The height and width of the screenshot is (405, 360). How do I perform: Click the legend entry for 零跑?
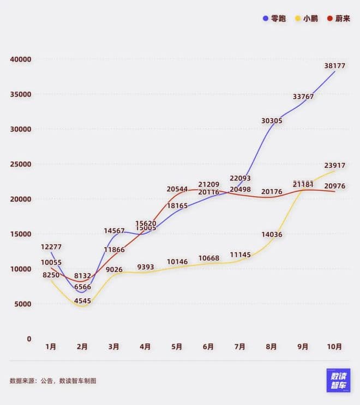(274, 18)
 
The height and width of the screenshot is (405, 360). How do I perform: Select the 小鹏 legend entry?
(307, 18)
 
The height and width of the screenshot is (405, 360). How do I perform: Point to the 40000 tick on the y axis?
(21, 59)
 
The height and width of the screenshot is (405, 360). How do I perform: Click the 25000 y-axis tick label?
(21, 164)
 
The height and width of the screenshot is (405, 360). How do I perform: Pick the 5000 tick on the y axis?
(22, 304)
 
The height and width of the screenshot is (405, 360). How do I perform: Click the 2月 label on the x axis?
(82, 347)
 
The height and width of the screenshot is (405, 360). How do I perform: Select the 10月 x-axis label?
(334, 347)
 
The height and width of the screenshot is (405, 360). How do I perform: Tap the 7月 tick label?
(239, 347)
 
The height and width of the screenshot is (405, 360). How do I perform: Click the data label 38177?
(334, 65)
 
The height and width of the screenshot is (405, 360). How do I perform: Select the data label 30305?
(272, 120)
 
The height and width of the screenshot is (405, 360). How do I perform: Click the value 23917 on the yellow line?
(334, 165)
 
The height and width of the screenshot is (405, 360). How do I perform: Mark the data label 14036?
(272, 234)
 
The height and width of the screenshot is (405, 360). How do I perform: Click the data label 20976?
(334, 186)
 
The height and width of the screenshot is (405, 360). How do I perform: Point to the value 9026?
(113, 269)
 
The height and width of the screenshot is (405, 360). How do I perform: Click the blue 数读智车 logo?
(338, 380)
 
